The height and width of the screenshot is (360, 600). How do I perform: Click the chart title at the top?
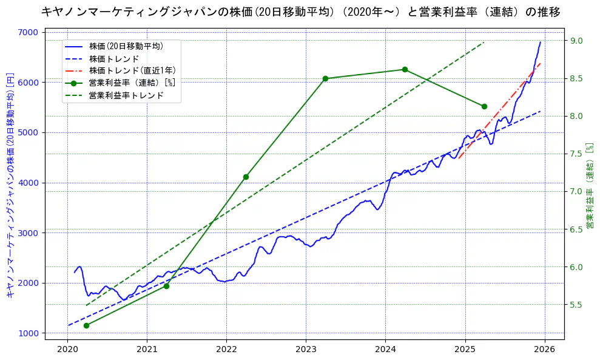[300, 12]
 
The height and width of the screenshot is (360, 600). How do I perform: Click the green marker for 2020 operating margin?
[86, 325]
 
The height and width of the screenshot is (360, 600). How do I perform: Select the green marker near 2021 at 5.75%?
[166, 285]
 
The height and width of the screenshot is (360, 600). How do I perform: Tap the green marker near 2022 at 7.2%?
[246, 177]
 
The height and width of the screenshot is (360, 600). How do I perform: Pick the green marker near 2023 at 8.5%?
[325, 78]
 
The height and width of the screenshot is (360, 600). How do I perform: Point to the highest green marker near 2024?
[405, 69]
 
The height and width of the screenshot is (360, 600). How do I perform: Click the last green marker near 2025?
[484, 106]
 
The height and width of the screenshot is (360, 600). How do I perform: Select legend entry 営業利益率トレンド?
[126, 95]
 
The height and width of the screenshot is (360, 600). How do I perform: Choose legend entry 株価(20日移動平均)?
[126, 46]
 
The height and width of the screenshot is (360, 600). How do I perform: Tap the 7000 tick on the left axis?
[29, 32]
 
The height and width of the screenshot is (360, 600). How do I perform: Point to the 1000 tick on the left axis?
[29, 333]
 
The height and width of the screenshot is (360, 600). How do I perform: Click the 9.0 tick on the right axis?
[576, 41]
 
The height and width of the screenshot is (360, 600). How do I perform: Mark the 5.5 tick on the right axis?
[576, 305]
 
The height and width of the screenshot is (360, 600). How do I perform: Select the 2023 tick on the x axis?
[306, 349]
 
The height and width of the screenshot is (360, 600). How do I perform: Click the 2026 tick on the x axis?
[544, 349]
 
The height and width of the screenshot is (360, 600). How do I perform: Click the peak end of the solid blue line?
[541, 42]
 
